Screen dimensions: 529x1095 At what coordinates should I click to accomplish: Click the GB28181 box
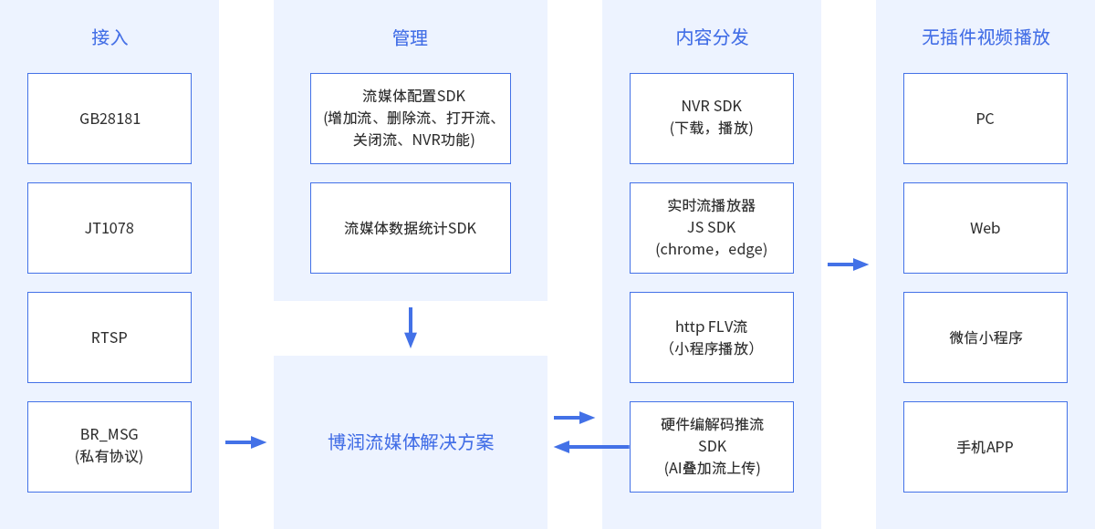tap(109, 119)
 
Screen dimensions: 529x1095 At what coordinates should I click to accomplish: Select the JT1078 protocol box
tap(109, 228)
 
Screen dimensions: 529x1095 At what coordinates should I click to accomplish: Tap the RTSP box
tap(109, 337)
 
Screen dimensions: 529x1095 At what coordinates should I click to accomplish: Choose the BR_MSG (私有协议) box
tap(109, 447)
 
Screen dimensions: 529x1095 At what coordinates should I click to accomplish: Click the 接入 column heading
tap(109, 37)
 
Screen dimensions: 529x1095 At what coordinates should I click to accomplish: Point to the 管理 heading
tap(410, 37)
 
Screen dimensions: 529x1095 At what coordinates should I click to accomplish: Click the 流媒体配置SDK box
tap(410, 119)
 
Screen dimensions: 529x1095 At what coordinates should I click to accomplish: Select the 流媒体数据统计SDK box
tap(410, 228)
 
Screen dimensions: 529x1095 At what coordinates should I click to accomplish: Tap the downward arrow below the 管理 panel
tap(411, 327)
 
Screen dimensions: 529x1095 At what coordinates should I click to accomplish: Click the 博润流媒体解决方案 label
tap(411, 442)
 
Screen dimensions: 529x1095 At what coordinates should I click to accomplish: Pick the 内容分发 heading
tap(712, 37)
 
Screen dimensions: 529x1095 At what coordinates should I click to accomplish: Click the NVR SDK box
tap(712, 119)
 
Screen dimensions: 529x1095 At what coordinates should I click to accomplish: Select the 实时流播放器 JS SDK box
tap(712, 228)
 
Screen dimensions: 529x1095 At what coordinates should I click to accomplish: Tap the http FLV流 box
tap(712, 337)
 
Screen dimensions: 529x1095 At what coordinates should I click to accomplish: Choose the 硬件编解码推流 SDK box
tap(712, 447)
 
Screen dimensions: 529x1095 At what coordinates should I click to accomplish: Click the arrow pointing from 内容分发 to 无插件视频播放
tap(849, 264)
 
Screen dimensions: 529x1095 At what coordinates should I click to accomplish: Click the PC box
tap(985, 119)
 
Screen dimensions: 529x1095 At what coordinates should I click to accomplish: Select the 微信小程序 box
tap(985, 337)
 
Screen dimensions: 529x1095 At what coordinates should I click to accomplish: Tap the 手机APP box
tap(985, 447)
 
